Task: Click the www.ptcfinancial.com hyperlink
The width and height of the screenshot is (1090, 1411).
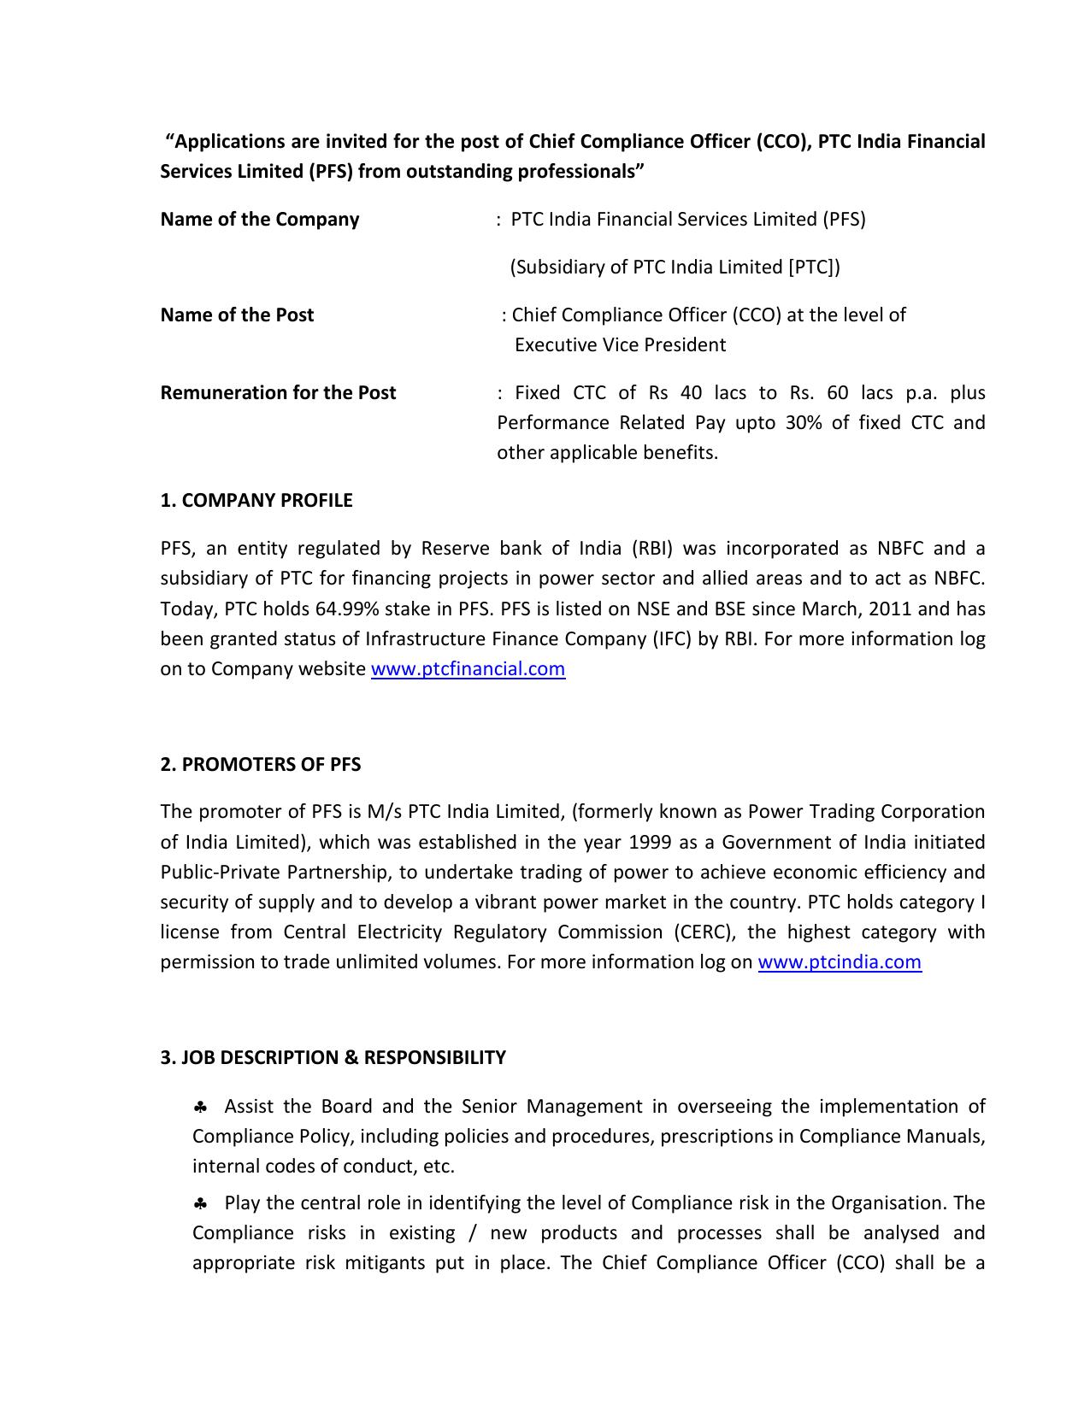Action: click(x=468, y=669)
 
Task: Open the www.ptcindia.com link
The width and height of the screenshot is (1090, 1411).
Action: click(x=839, y=962)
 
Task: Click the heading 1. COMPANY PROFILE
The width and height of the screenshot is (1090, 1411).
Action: click(x=256, y=501)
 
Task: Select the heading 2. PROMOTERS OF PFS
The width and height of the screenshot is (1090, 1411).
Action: click(x=260, y=765)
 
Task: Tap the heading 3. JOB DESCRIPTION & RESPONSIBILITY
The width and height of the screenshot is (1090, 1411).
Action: click(x=333, y=1058)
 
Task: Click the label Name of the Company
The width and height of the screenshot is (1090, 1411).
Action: click(x=259, y=220)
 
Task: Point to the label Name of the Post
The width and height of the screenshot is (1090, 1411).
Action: click(x=237, y=315)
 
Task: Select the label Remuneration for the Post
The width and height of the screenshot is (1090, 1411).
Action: click(x=278, y=393)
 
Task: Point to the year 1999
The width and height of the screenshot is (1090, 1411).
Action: click(x=650, y=843)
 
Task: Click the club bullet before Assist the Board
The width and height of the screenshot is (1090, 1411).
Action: click(x=201, y=1108)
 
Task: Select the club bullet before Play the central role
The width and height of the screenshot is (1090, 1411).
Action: click(x=201, y=1204)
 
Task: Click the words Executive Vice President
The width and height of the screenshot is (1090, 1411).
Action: click(x=620, y=345)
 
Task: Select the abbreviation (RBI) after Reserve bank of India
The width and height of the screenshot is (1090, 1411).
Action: click(x=652, y=549)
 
